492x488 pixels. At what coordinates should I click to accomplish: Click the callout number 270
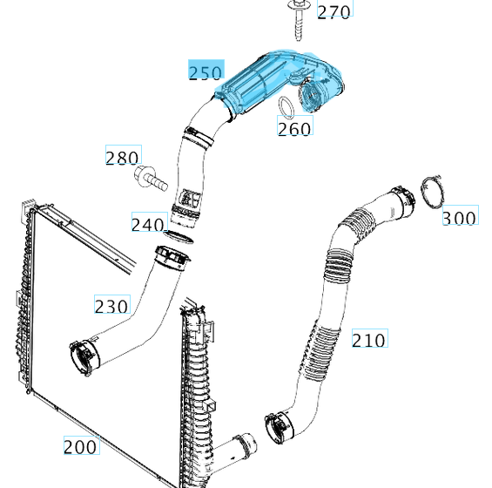coord(334,12)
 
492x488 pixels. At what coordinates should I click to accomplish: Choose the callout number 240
coord(148,225)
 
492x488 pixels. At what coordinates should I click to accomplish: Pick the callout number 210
coord(368,340)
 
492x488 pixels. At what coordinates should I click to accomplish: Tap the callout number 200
coord(80,447)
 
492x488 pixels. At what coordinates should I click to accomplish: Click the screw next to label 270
coord(297,20)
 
